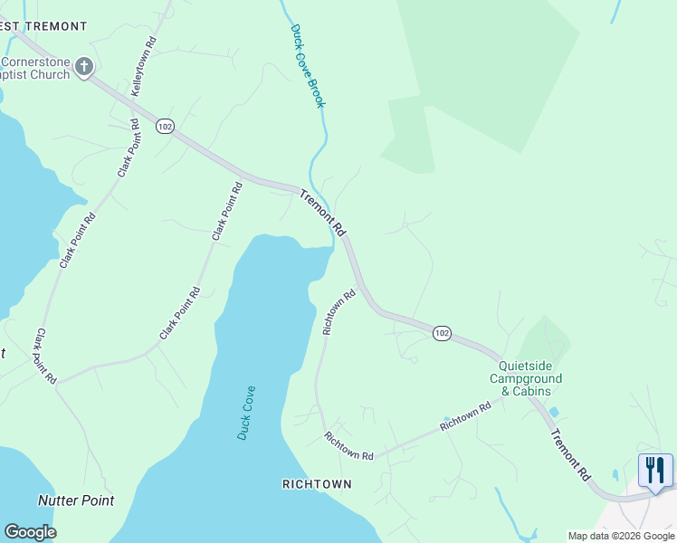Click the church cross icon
click(84, 66)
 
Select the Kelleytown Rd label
click(144, 68)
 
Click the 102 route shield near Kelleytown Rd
click(164, 127)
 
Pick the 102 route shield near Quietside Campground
click(441, 333)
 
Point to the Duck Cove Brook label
click(308, 65)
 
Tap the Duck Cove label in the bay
click(246, 413)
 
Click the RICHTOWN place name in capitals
click(317, 484)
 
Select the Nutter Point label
click(76, 500)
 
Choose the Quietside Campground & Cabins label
click(526, 378)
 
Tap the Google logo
click(30, 532)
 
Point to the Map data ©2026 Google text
click(621, 536)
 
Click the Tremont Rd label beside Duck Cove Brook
click(323, 213)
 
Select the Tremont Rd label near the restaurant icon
click(571, 454)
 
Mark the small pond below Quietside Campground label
click(553, 412)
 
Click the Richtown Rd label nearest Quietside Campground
click(465, 416)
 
